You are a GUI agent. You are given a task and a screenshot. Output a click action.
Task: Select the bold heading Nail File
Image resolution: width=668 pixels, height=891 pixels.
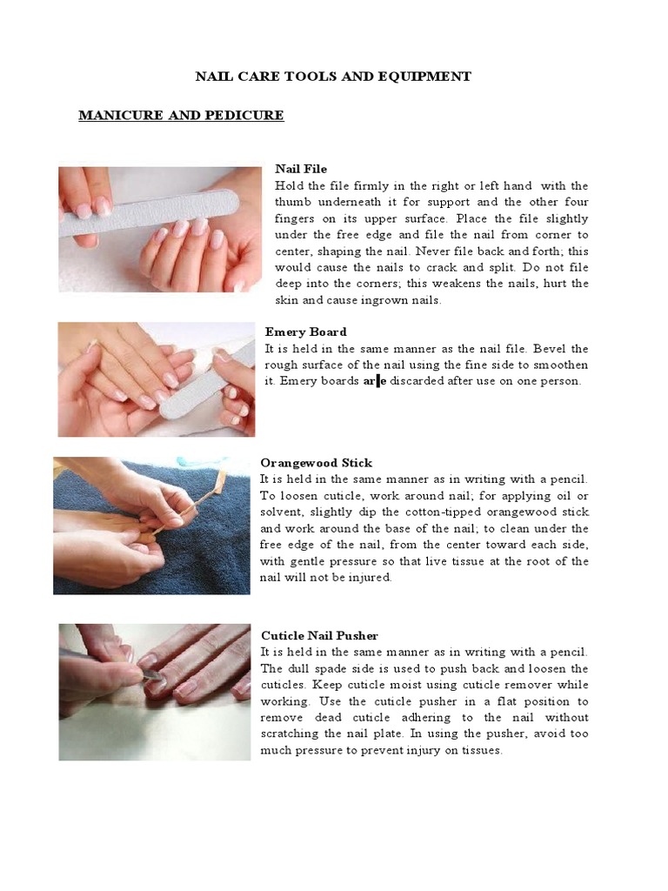(301, 169)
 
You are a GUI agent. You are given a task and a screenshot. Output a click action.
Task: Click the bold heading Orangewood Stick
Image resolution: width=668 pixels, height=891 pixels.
(317, 463)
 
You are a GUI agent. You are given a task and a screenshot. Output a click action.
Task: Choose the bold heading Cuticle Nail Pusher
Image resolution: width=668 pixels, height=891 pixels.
(319, 636)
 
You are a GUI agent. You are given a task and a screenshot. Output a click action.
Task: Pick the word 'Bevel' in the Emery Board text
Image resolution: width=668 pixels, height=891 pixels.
(553, 348)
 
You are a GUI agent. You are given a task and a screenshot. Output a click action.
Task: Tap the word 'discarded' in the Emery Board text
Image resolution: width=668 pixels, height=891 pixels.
(416, 381)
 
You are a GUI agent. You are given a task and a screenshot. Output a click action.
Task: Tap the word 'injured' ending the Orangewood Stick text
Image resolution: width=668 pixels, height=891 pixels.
(369, 578)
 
